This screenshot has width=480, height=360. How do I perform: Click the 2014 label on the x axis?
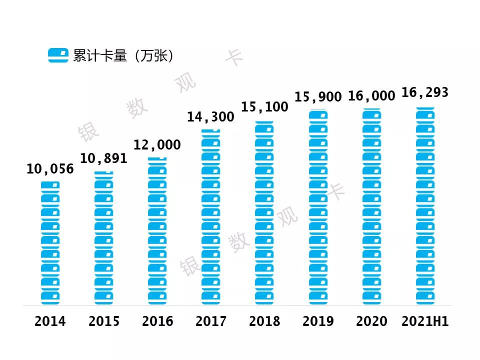click(50, 321)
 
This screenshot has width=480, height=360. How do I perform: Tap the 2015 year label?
click(104, 321)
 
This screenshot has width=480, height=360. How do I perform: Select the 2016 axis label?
click(157, 321)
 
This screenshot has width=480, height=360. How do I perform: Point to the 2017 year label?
click(211, 321)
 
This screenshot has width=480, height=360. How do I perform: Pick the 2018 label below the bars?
click(264, 321)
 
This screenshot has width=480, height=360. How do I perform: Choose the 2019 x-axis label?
click(318, 321)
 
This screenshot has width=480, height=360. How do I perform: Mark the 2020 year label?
click(371, 321)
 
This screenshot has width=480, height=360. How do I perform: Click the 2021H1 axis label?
click(425, 321)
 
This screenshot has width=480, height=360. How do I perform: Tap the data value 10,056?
click(50, 169)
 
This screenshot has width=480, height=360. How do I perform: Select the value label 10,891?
click(104, 159)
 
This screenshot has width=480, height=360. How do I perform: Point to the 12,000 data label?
click(157, 145)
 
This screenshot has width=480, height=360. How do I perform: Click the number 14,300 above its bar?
click(211, 117)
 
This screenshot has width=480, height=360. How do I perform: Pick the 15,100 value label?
click(264, 107)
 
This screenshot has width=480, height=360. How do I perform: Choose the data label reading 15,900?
click(318, 97)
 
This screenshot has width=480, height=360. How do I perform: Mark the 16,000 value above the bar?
click(371, 96)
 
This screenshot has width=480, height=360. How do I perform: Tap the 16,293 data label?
click(425, 93)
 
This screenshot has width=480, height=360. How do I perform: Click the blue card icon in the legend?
click(58, 55)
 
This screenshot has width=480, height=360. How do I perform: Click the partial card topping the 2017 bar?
click(211, 130)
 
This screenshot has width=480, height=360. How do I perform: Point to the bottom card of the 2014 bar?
click(50, 298)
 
